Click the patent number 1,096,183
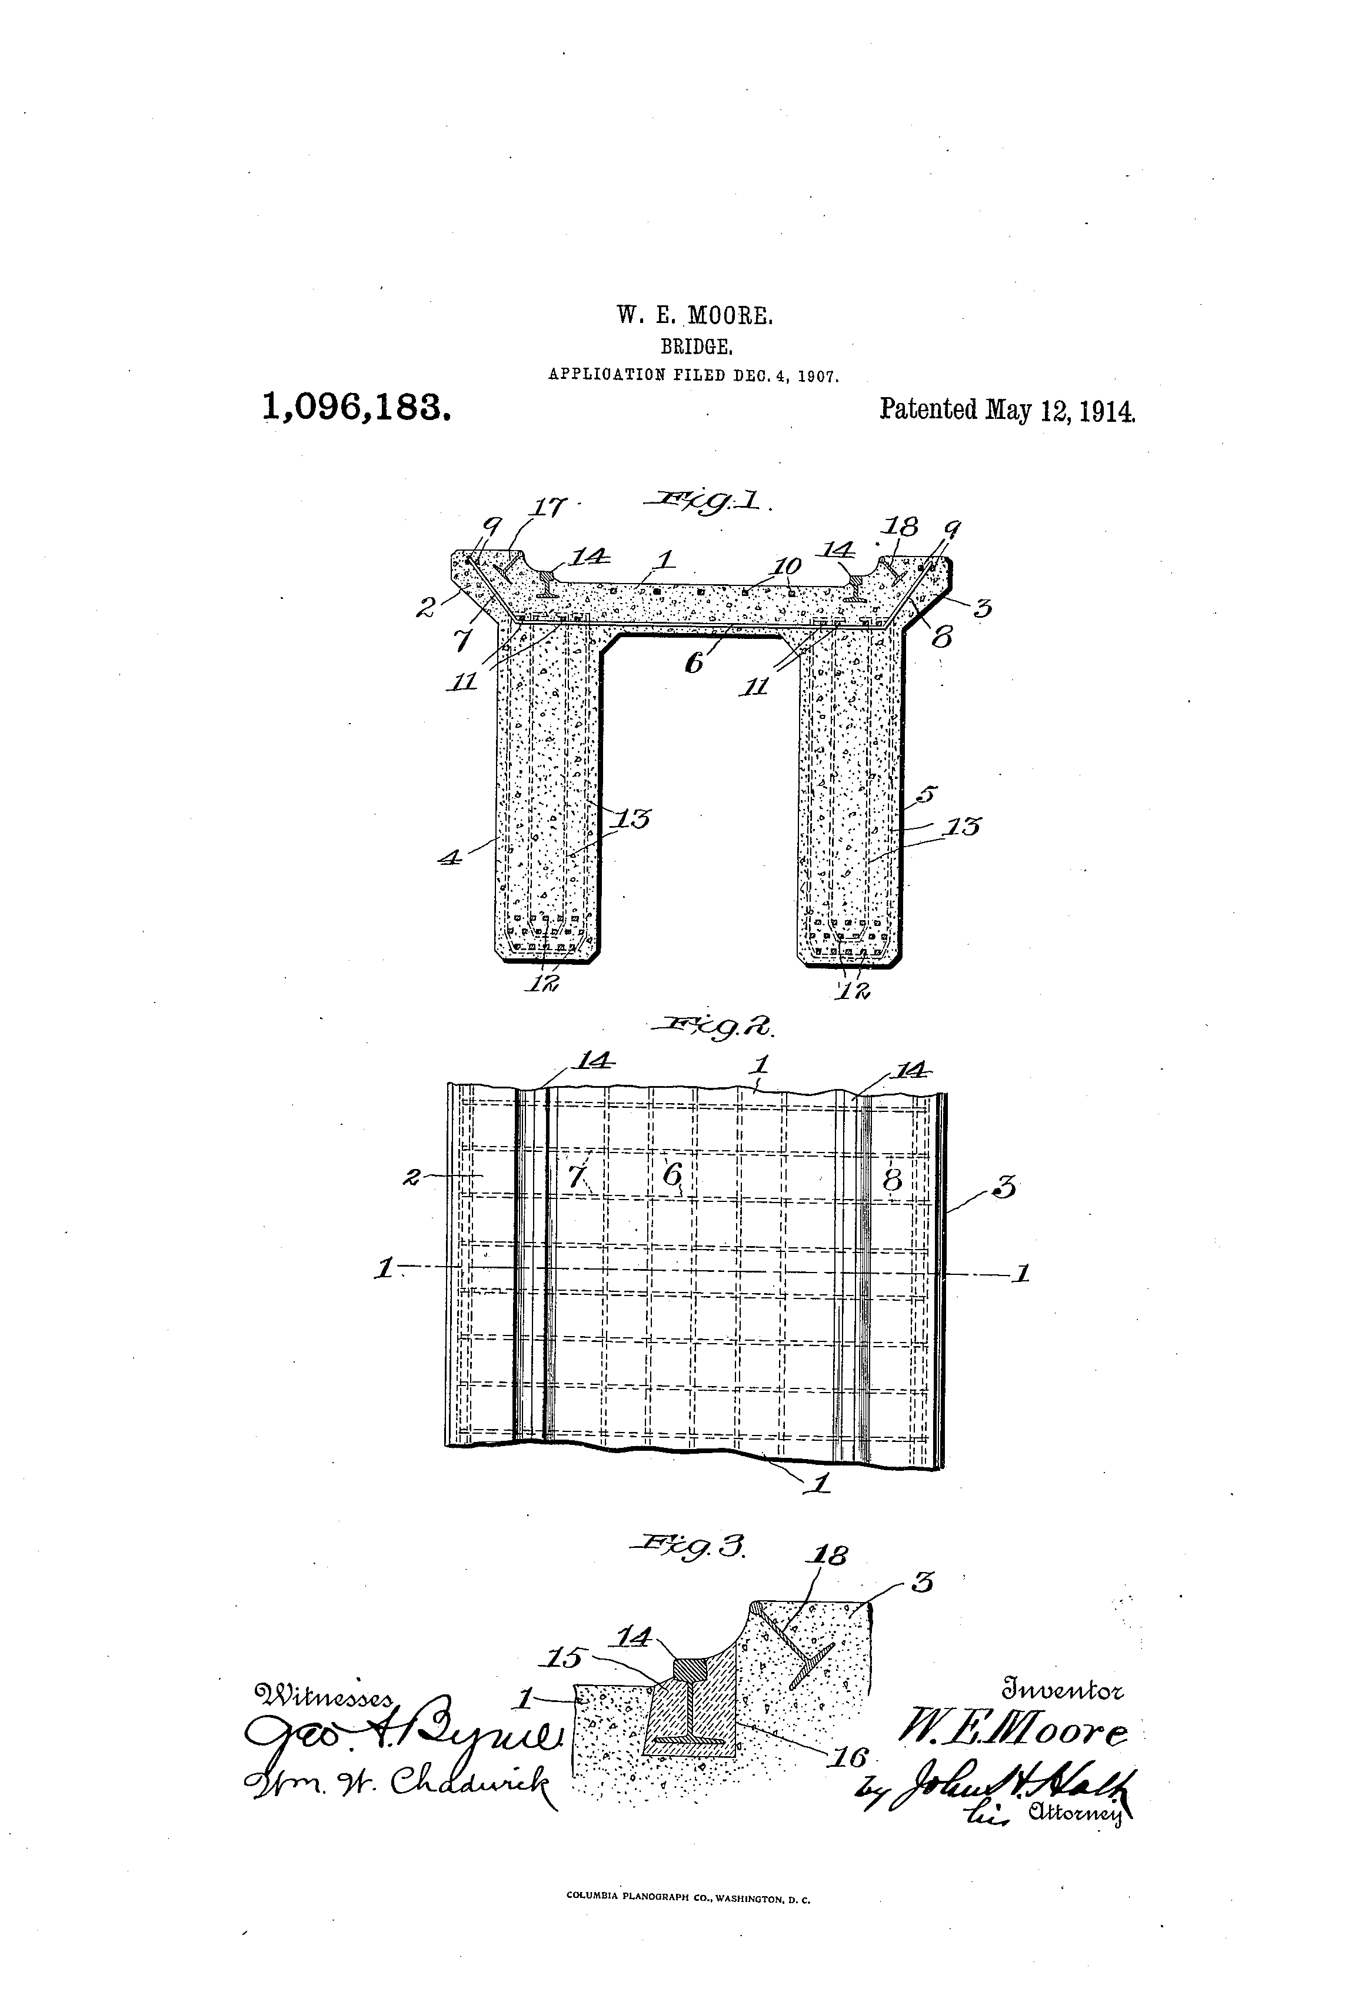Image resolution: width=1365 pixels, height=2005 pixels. click(x=357, y=407)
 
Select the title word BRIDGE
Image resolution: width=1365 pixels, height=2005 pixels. click(x=696, y=347)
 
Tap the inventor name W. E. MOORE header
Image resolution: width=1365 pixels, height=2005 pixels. click(x=695, y=316)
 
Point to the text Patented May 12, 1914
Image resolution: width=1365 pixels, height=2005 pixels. click(x=1007, y=409)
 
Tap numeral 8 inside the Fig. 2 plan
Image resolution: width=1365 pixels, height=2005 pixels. click(x=892, y=1178)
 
